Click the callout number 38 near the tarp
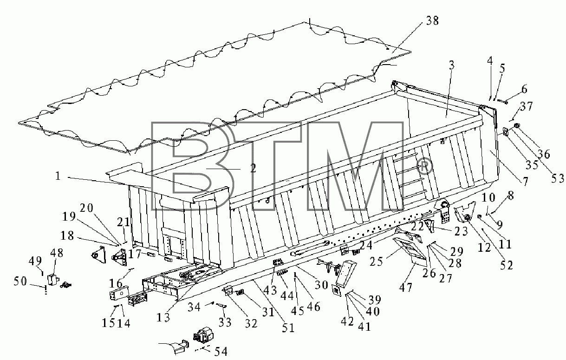pyautogui.click(x=432, y=21)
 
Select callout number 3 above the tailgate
pyautogui.click(x=451, y=65)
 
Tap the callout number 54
pyautogui.click(x=221, y=351)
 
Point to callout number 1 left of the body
pyautogui.click(x=58, y=176)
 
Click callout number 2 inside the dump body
pyautogui.click(x=253, y=168)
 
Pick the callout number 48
pyautogui.click(x=57, y=253)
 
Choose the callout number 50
pyautogui.click(x=20, y=281)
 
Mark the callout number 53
pyautogui.click(x=557, y=178)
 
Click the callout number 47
pyautogui.click(x=406, y=288)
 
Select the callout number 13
pyautogui.click(x=163, y=318)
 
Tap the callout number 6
pyautogui.click(x=524, y=89)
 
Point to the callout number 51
pyautogui.click(x=288, y=328)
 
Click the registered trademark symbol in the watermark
pyautogui.click(x=424, y=166)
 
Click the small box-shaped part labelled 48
pyautogui.click(x=53, y=280)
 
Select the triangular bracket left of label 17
pyautogui.click(x=99, y=255)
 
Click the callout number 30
pyautogui.click(x=321, y=285)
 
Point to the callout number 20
pyautogui.click(x=87, y=208)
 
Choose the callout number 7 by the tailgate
pyautogui.click(x=525, y=182)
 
